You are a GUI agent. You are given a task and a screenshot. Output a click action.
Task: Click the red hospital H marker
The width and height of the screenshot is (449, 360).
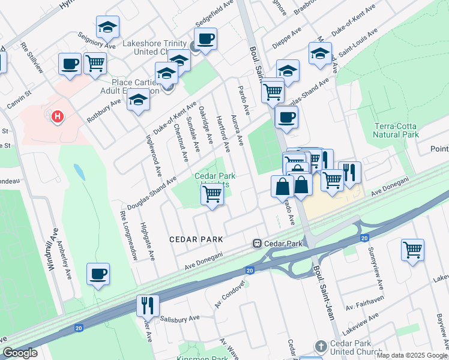(x=58, y=116)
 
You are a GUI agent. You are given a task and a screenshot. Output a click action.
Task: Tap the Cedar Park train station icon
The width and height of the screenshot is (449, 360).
(x=256, y=244)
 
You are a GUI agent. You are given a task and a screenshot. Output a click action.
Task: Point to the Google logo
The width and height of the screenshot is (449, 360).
(x=20, y=353)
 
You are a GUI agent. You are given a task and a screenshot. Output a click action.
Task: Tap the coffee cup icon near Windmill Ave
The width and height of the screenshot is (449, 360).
(x=98, y=274)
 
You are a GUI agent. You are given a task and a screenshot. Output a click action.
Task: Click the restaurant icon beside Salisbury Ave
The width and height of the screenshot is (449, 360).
(x=147, y=305)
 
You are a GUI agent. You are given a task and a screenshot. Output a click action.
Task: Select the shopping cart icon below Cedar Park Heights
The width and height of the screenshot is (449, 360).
(x=212, y=194)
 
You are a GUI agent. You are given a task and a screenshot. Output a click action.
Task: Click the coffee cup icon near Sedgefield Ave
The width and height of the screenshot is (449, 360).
(x=205, y=39)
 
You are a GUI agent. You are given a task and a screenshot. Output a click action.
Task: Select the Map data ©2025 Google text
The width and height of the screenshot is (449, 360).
(x=411, y=355)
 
